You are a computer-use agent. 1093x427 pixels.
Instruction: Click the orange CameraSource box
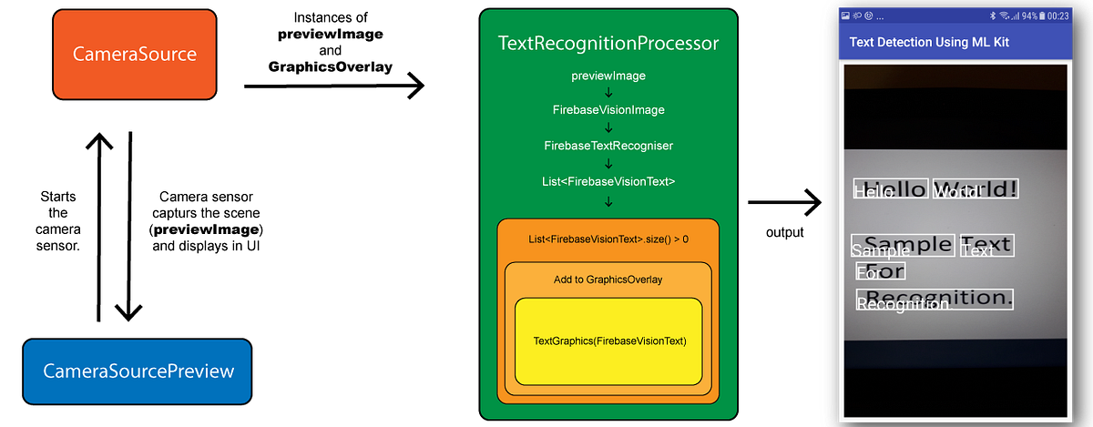[135, 55]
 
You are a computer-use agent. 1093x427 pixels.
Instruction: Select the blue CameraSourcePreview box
[137, 371]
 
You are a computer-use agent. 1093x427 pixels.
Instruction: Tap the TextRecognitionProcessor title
[608, 44]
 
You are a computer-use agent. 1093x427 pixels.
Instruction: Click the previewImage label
[608, 76]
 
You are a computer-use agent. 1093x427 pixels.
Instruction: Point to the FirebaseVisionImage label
[608, 110]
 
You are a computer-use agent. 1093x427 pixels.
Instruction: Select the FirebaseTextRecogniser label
[608, 146]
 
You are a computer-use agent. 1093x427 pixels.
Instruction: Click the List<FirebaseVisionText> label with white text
[608, 181]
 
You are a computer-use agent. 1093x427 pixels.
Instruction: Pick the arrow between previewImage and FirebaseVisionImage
[608, 93]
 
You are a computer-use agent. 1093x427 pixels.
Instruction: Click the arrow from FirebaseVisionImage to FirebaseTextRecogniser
[608, 128]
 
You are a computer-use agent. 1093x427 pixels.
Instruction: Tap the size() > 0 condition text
[608, 239]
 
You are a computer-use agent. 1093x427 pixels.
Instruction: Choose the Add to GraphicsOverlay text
[608, 280]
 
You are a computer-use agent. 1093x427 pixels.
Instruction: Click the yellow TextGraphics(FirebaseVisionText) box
[608, 341]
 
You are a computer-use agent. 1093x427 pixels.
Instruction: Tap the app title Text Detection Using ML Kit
[929, 43]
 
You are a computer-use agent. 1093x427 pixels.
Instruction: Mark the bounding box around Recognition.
[935, 300]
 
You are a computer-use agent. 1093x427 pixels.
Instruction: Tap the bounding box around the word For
[881, 271]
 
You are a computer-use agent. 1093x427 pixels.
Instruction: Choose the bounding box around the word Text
[986, 245]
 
